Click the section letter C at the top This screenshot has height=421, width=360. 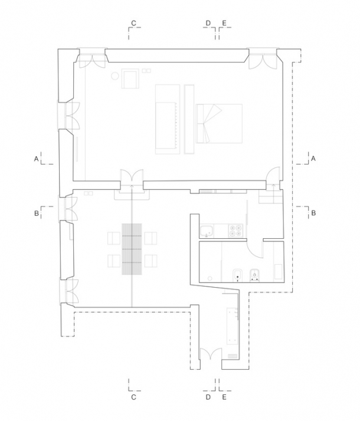tap(133, 23)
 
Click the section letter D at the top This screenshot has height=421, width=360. tap(208, 23)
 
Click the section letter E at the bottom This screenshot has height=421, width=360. tap(224, 397)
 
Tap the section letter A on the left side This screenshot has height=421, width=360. tap(36, 159)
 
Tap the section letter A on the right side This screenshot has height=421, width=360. tap(313, 159)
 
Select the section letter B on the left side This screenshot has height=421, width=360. tap(37, 213)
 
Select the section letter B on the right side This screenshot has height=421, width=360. tap(313, 213)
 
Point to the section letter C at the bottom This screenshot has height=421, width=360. tap(133, 397)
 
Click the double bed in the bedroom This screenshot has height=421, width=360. tap(219, 123)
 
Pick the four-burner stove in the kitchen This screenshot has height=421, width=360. tap(235, 231)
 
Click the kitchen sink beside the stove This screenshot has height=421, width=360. tap(207, 231)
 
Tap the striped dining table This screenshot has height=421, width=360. tap(132, 249)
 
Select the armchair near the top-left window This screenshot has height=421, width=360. tap(130, 78)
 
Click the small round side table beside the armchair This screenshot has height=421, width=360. tap(115, 76)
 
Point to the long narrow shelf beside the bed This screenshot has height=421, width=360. tap(189, 119)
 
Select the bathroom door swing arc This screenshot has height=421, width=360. tap(254, 250)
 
